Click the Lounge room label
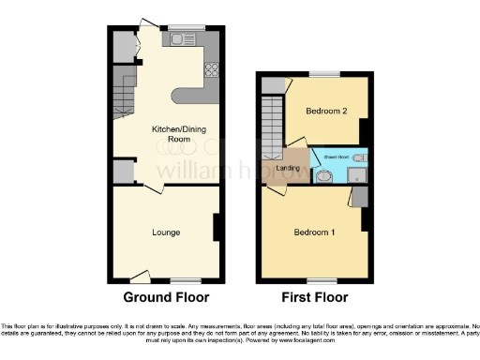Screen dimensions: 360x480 point(165,232)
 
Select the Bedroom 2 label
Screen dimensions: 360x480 point(325,112)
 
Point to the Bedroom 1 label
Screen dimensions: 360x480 point(314,232)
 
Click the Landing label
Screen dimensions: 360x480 point(288,168)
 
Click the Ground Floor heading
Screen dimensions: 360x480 point(166,297)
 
